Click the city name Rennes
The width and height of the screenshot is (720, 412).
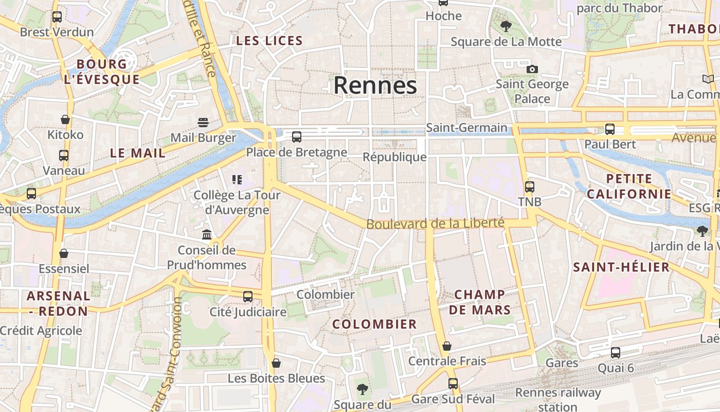point(375,85)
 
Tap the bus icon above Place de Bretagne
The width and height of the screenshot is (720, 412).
point(297,137)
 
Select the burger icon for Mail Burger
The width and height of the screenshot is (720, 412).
point(203,123)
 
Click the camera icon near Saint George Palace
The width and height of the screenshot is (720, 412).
point(532,69)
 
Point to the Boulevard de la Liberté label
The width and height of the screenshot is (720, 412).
point(435,224)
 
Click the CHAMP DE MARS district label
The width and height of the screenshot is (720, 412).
point(480,302)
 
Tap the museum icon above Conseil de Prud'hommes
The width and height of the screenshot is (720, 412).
point(207,235)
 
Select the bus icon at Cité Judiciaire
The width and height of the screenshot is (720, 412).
point(248,296)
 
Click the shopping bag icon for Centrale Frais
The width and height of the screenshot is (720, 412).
point(447,346)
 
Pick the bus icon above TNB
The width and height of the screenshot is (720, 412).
point(530,186)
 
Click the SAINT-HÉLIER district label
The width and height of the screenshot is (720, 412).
point(621,267)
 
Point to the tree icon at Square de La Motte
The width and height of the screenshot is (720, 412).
point(506,26)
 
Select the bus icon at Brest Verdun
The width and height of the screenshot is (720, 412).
point(57,17)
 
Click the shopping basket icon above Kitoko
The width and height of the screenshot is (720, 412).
point(65,119)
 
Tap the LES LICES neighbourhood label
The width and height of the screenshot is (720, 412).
point(269,41)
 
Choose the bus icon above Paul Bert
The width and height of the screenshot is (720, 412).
point(610,129)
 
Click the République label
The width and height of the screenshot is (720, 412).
point(394,157)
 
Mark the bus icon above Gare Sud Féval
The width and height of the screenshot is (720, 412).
point(453,384)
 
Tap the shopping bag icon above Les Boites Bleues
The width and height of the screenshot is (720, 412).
point(276,363)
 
